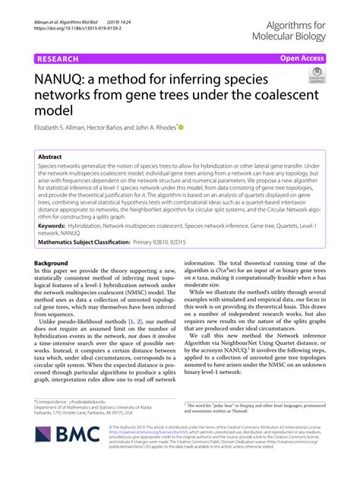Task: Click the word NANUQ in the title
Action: [x=61, y=79]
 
